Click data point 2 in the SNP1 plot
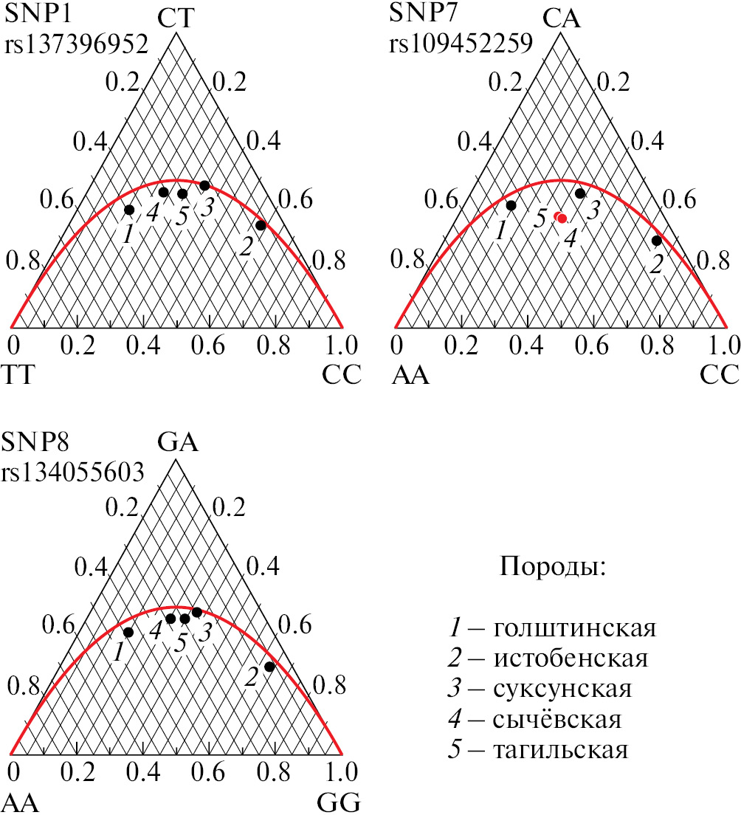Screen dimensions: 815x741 pos(260,225)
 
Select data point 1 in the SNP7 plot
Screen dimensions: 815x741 pos(511,204)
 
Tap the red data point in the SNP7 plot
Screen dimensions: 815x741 pos(561,218)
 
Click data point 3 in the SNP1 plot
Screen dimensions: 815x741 pos(204,185)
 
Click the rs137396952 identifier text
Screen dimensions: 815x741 pos(77,44)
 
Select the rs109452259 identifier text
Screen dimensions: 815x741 pos(461,44)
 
